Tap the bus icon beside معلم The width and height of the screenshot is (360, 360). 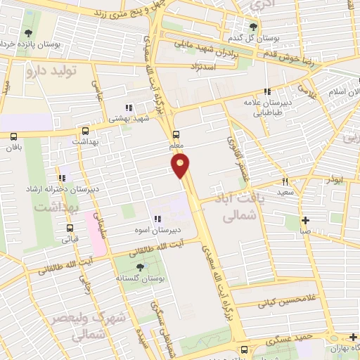(176, 134)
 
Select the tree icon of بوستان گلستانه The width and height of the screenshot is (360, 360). (140, 266)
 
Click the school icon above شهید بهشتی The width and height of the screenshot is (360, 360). (127, 108)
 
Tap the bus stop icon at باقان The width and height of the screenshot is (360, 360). (14, 136)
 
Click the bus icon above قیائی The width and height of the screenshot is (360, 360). (70, 228)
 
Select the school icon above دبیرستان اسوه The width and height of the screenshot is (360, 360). (158, 219)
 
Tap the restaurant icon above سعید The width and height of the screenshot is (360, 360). (284, 181)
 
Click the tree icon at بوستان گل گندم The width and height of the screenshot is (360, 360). (254, 26)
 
